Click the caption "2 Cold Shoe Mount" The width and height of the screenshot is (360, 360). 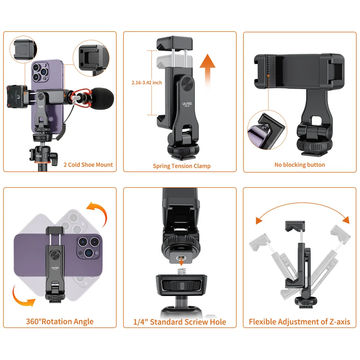(88, 165)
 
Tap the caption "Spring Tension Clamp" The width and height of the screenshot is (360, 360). (181, 166)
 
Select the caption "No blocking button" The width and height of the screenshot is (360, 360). (300, 165)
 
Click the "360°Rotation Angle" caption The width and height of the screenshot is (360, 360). (60, 321)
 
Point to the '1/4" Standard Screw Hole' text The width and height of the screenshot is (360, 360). (180, 321)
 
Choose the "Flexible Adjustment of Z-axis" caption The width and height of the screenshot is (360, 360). (300, 321)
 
